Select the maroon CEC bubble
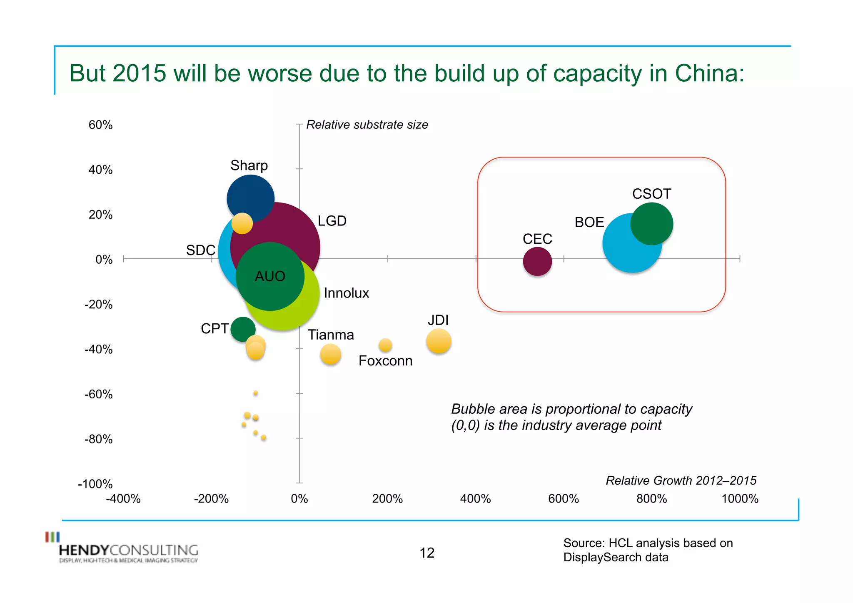click(537, 262)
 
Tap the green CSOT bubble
click(652, 224)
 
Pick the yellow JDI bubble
click(439, 341)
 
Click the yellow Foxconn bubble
click(385, 345)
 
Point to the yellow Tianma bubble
click(330, 354)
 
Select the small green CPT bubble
click(242, 328)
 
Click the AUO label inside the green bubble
click(270, 276)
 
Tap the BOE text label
click(589, 222)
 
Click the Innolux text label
click(346, 293)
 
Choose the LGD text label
click(332, 221)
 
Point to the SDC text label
click(200, 250)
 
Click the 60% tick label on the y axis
click(100, 125)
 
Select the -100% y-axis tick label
click(95, 484)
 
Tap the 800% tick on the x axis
click(651, 498)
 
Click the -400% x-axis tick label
click(123, 498)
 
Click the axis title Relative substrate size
click(367, 125)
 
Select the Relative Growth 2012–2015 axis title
click(681, 480)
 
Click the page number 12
click(426, 553)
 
